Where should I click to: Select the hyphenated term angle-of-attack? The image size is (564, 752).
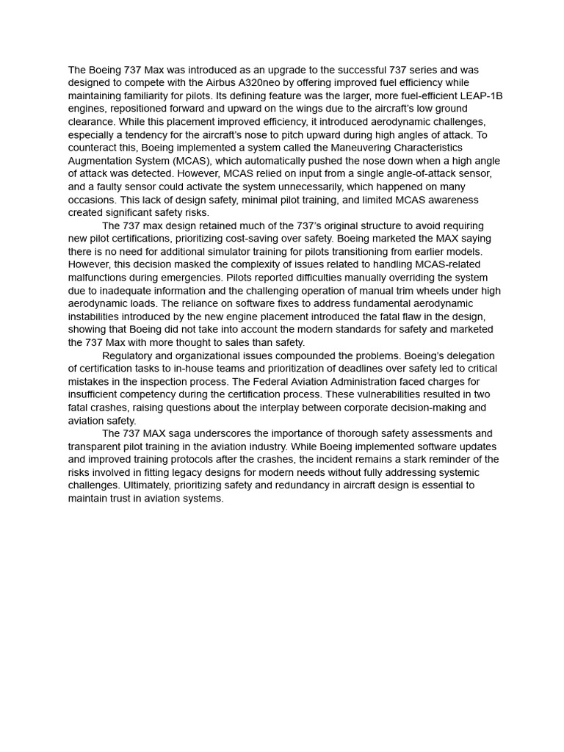click(392, 174)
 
